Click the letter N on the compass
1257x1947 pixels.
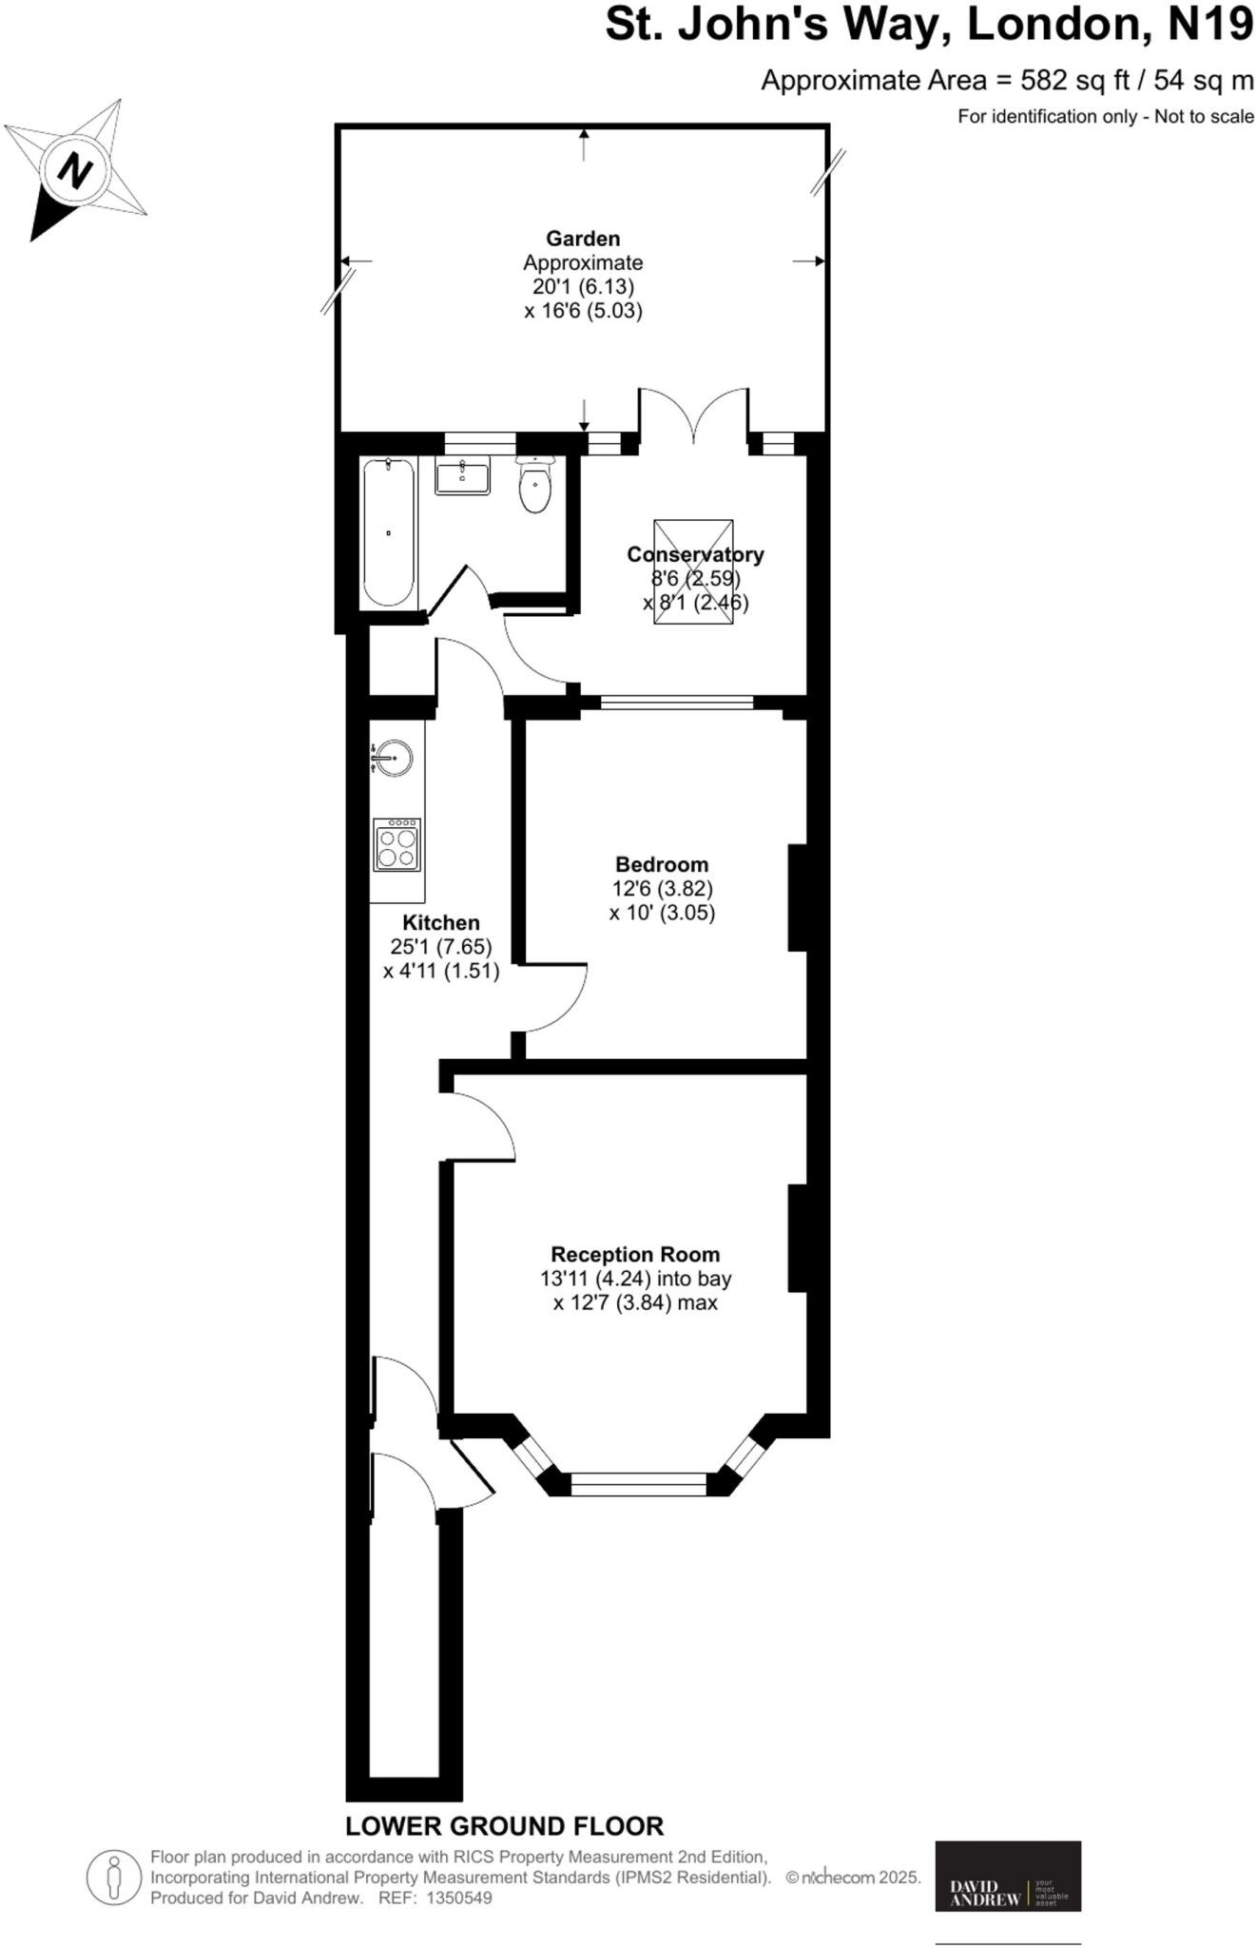[75, 171]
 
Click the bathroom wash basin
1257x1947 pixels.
[462, 474]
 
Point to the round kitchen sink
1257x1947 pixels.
[393, 758]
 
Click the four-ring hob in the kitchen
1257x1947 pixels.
[397, 844]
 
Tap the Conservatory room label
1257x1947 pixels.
[695, 554]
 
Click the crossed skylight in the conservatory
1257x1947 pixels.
[693, 571]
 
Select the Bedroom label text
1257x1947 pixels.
[662, 864]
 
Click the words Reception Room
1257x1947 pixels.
[635, 1254]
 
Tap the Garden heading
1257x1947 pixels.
[583, 239]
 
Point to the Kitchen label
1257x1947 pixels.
[441, 922]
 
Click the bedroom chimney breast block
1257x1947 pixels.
[798, 897]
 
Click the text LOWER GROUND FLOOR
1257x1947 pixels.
[504, 1826]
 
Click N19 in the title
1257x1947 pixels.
[1209, 25]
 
